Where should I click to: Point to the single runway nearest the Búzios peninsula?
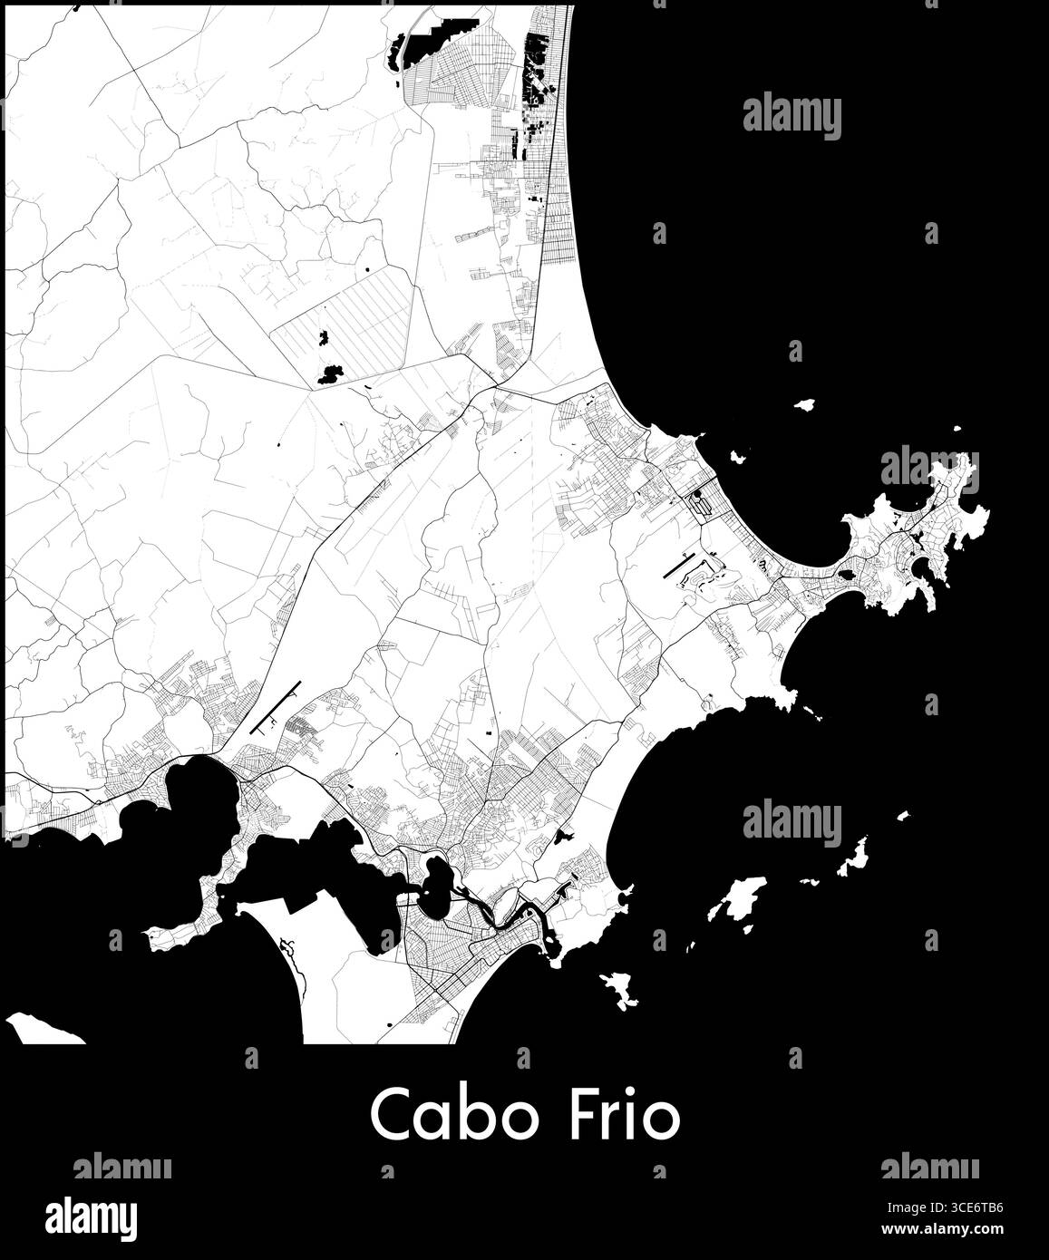681,567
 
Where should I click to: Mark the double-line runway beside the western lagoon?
277,708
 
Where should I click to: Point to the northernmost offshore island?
803,405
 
